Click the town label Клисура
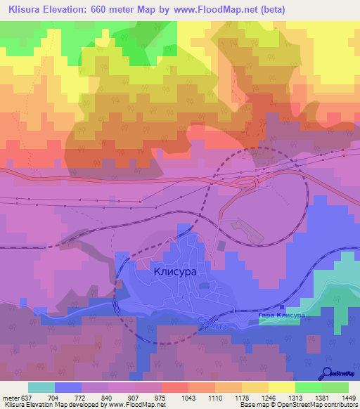tap(175, 269)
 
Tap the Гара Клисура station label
tap(281, 316)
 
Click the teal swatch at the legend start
tap(41, 387)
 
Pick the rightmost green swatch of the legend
tap(335, 387)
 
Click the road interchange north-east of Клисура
tap(250, 183)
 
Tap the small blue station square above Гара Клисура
tap(282, 307)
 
